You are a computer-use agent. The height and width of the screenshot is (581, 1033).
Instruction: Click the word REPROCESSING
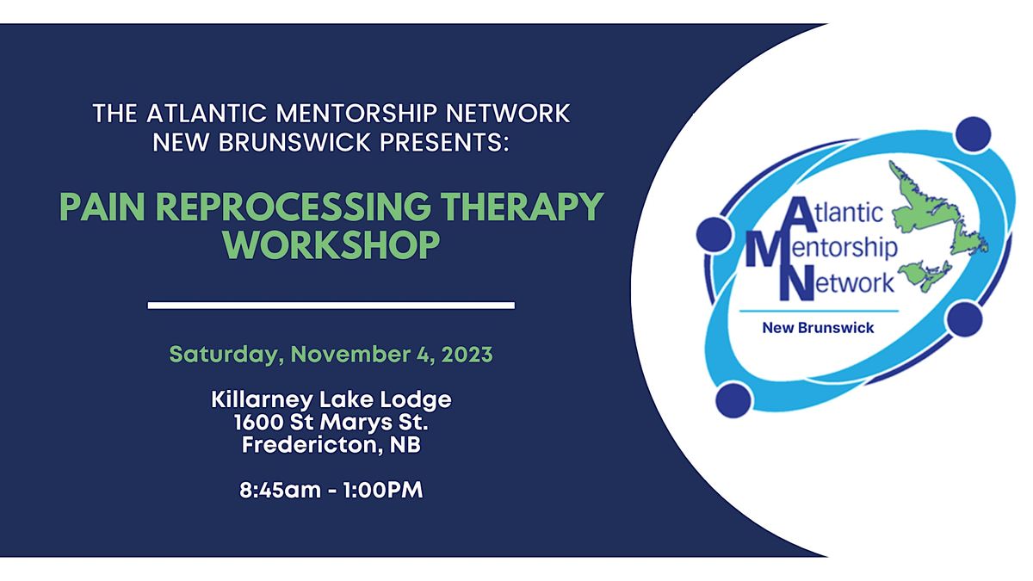[x=293, y=207]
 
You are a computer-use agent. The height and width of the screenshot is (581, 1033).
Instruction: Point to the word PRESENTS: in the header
[x=444, y=142]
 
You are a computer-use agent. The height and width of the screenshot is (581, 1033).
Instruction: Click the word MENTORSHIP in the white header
[x=356, y=114]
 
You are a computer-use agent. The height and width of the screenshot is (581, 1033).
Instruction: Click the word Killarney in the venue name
[x=263, y=400]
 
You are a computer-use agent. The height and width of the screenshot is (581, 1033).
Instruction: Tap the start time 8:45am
[x=280, y=490]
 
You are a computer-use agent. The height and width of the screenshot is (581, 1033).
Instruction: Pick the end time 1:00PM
[x=383, y=490]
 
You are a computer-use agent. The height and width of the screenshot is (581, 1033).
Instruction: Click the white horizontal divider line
[x=331, y=306]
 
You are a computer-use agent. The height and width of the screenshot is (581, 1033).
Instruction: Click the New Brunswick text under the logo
[x=818, y=328]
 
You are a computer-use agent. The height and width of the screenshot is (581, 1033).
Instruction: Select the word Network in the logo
[x=837, y=283]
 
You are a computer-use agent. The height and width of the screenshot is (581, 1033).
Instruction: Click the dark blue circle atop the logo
[x=973, y=134]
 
